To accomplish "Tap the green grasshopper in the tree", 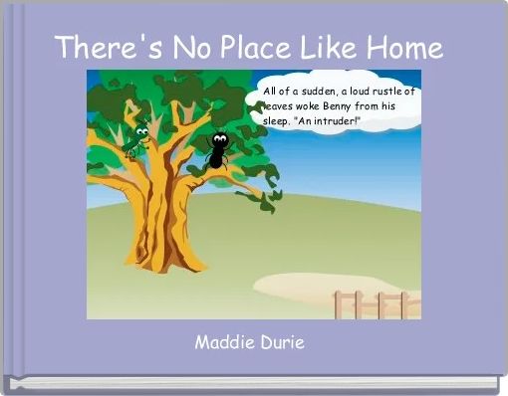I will (139, 134).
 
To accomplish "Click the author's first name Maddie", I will (223, 342).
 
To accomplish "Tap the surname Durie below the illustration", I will (281, 342).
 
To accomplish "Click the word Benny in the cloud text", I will (344, 104).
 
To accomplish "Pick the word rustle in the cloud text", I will (387, 91).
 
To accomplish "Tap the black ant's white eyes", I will (219, 138).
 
